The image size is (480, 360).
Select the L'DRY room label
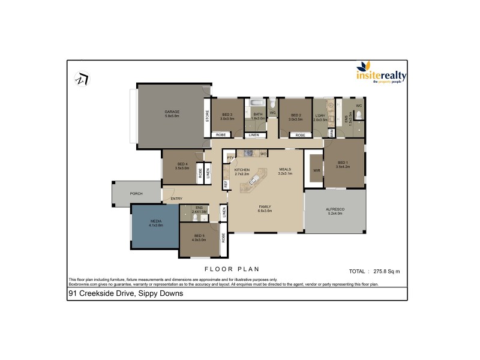[319, 116]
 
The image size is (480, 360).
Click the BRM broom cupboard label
[332, 133]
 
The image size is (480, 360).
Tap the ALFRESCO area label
[335, 211]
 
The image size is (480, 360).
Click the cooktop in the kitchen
[247, 154]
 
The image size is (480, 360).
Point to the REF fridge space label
[226, 185]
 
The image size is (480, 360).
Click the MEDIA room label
[157, 223]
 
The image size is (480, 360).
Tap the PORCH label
[136, 194]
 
